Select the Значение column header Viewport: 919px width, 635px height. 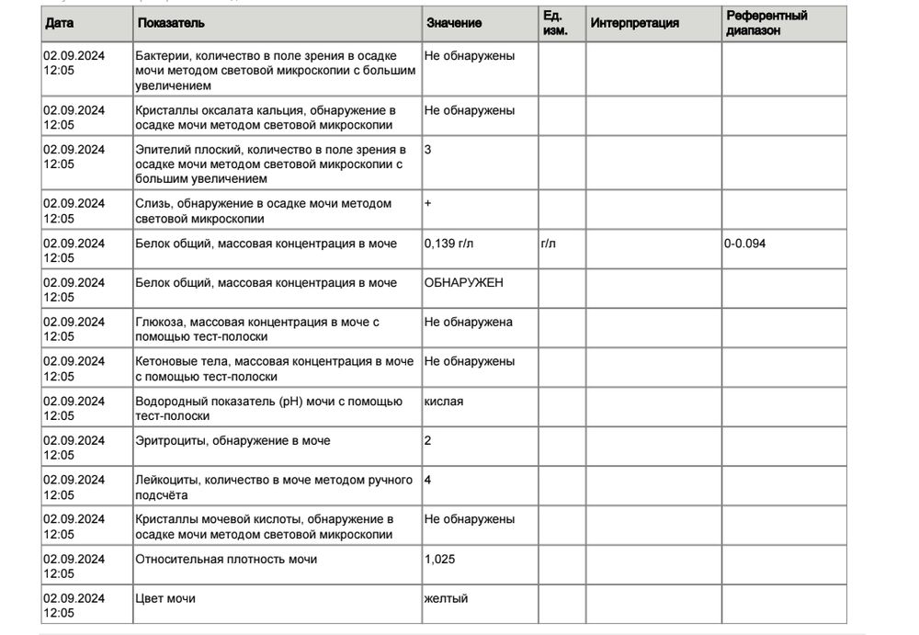pos(454,23)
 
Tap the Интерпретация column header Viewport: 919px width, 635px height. pos(635,23)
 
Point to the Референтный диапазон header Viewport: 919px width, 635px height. pos(766,23)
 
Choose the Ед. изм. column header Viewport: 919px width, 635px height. pos(555,23)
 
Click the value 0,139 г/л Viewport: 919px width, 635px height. pos(450,244)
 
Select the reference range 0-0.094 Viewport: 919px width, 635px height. pos(745,244)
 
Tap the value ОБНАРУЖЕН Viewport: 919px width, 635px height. pos(463,283)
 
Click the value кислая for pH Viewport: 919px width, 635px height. pos(444,402)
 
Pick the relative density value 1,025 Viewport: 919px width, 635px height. pos(439,559)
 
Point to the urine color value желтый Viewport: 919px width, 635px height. pos(446,598)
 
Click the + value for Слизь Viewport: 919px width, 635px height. pos(428,203)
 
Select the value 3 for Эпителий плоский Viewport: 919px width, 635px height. pos(428,149)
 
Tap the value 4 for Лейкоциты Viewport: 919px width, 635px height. pos(428,480)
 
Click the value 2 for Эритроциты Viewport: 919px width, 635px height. pos(428,441)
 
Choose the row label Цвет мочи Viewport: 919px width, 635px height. pos(165,598)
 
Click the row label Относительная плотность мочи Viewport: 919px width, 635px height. pos(226,559)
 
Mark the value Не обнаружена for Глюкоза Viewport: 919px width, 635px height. pos(469,323)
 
